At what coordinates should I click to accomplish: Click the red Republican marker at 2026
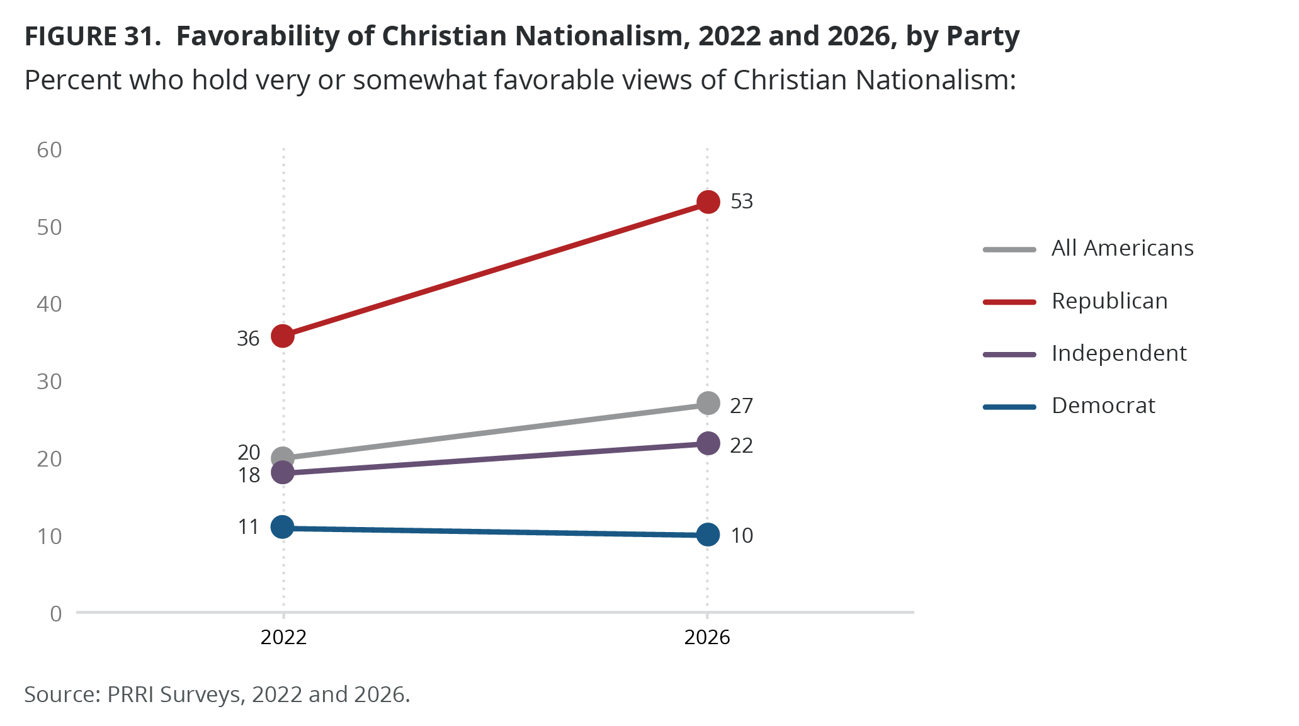(x=708, y=202)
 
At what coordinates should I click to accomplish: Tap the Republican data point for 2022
(x=283, y=336)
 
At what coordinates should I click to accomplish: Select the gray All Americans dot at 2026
(x=708, y=403)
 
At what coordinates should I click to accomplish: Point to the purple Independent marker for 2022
(x=283, y=472)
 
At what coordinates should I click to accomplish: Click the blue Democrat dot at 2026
(x=708, y=535)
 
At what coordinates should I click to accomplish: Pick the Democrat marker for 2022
(x=283, y=527)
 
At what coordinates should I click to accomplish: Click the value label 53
(x=741, y=201)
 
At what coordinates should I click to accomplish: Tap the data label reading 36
(x=248, y=339)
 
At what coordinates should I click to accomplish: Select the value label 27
(x=741, y=406)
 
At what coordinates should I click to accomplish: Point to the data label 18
(x=249, y=475)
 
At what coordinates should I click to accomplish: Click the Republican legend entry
(x=1109, y=301)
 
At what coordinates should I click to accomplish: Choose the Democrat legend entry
(x=1103, y=406)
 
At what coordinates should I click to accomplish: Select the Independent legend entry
(x=1119, y=353)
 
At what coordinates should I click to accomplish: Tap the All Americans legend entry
(x=1122, y=248)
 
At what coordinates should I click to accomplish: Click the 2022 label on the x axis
(x=283, y=637)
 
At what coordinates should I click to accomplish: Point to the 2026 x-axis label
(x=707, y=637)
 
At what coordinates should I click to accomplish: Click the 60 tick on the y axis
(x=49, y=150)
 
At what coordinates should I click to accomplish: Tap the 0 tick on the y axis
(x=56, y=613)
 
